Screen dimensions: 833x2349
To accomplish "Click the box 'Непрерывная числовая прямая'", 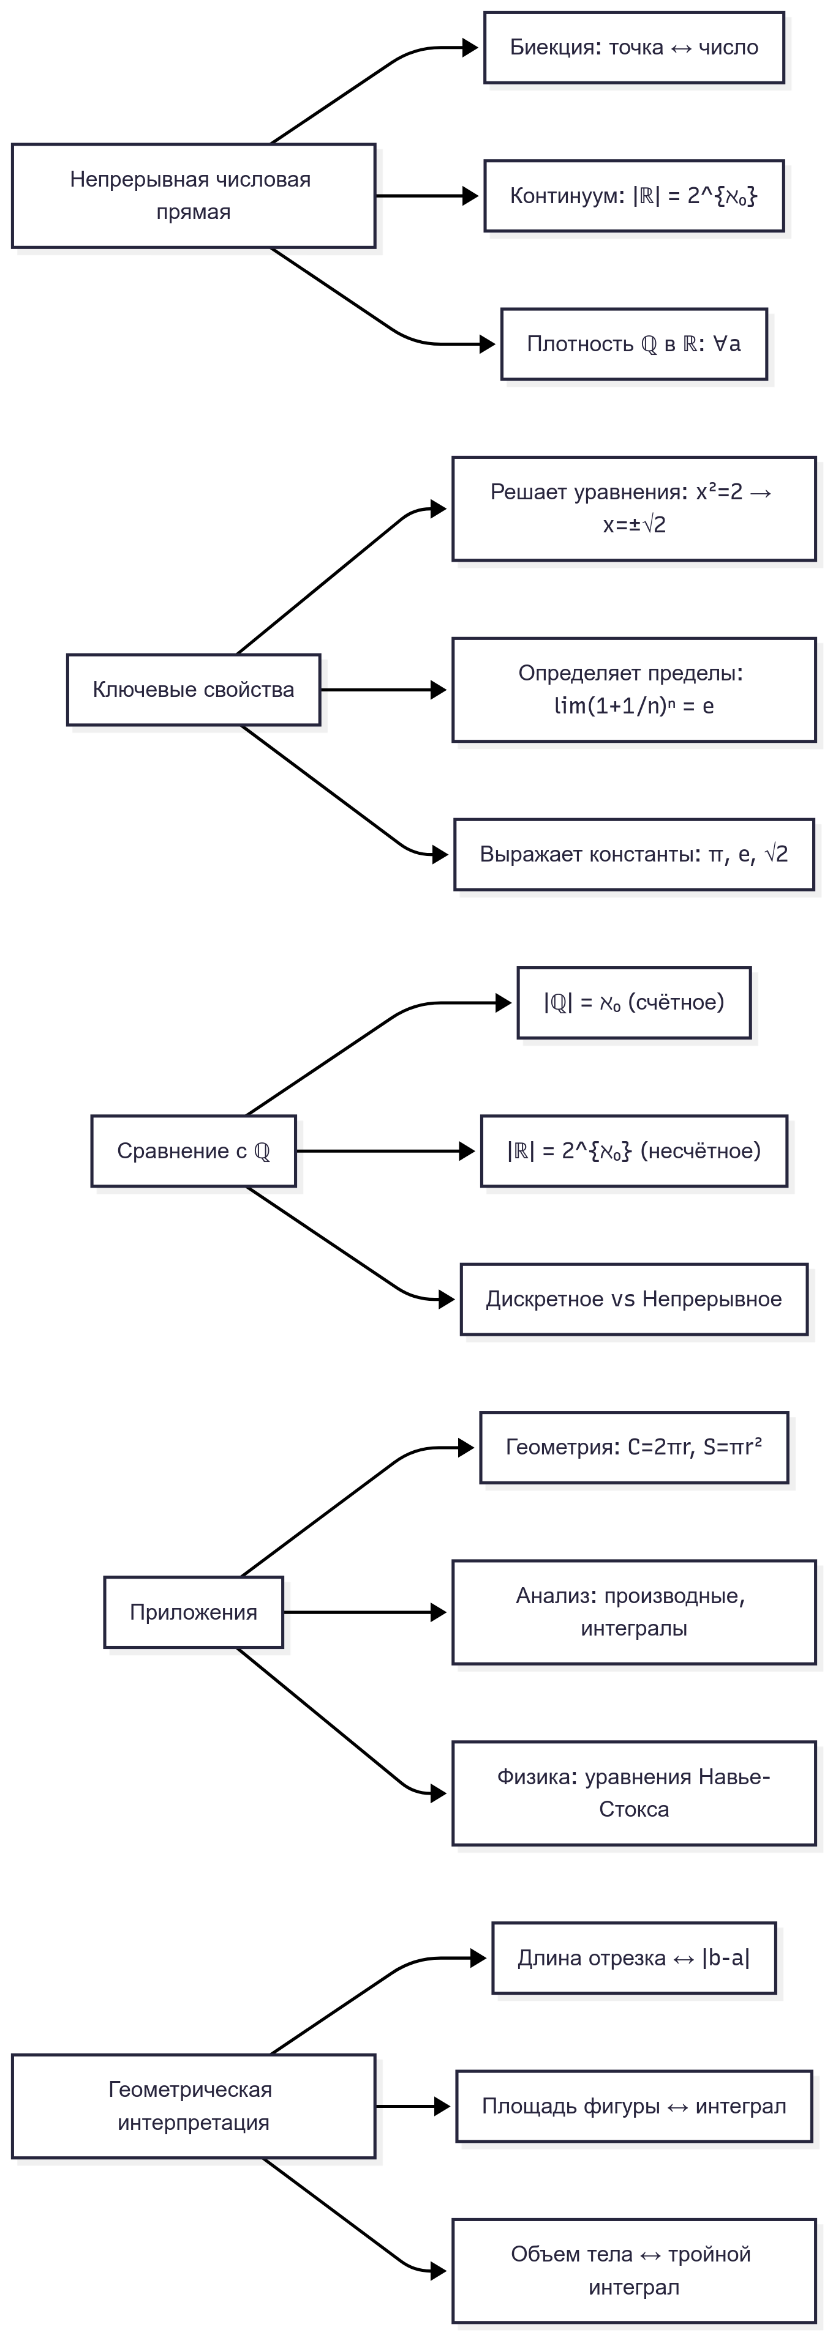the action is coord(194,195).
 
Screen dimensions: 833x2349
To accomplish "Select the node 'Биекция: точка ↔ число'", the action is coord(634,47).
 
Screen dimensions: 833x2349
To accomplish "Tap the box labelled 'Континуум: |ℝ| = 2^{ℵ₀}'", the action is coord(634,196).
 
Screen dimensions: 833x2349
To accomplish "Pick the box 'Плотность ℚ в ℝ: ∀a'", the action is coord(634,344).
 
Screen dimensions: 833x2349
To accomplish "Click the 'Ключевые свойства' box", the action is coord(194,690).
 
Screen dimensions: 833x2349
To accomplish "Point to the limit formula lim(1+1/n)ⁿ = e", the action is coord(634,705).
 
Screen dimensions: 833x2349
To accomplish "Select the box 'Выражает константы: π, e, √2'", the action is coord(634,854).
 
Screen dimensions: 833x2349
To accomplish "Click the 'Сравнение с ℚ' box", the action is coord(194,1151).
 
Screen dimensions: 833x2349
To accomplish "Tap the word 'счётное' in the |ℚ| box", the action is coord(676,1003).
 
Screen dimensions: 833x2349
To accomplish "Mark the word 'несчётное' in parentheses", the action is coord(701,1151).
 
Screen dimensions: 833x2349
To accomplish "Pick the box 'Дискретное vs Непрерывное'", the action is coord(634,1300).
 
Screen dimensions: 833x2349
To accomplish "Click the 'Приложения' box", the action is coord(194,1612).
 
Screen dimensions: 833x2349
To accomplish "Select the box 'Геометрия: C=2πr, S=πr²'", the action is coord(634,1447).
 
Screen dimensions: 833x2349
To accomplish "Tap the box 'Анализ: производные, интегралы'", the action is coord(634,1612).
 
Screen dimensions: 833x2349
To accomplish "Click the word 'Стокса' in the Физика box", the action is coord(634,1810).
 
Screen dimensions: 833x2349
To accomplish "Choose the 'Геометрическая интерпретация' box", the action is coord(194,2107).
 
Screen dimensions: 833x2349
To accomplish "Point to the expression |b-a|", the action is coord(725,1958).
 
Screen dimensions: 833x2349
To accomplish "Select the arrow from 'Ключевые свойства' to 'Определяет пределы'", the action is coord(383,690).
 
